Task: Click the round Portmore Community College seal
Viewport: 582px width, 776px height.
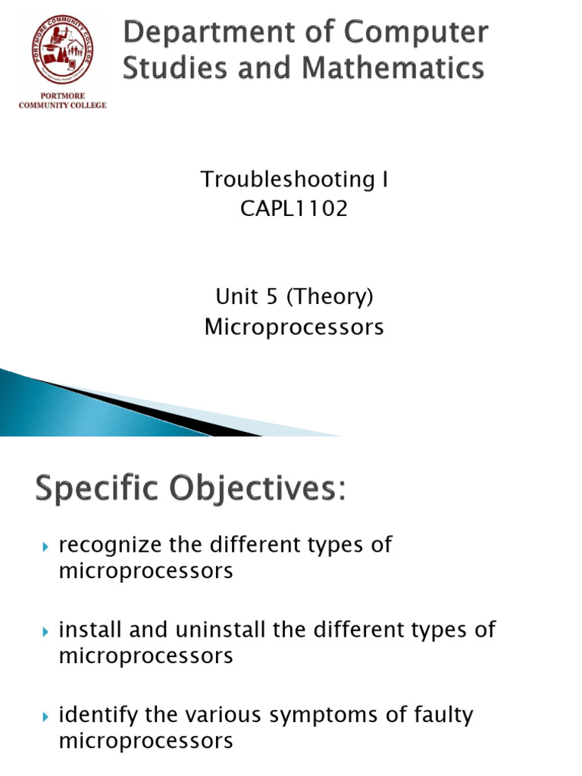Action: (x=63, y=49)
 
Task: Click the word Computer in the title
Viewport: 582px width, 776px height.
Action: (x=416, y=33)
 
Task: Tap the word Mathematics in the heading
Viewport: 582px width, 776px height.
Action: (x=393, y=67)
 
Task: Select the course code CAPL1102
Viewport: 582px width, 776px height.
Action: (x=294, y=208)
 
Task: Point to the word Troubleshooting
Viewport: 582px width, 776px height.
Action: (x=287, y=179)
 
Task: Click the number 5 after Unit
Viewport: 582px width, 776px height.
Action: (x=272, y=296)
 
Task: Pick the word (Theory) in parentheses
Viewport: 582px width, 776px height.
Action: (x=330, y=297)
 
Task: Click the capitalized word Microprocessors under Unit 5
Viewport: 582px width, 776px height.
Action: (x=294, y=327)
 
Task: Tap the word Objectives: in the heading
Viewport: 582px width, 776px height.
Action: (x=258, y=490)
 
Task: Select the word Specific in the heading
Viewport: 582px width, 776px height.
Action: (x=97, y=490)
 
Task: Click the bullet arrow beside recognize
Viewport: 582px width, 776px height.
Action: (x=45, y=547)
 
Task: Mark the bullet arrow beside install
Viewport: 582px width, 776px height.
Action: (x=45, y=632)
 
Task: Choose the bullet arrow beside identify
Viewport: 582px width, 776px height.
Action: (x=45, y=717)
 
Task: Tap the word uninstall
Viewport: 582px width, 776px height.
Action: (x=221, y=630)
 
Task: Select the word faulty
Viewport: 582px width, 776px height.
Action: (x=443, y=715)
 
